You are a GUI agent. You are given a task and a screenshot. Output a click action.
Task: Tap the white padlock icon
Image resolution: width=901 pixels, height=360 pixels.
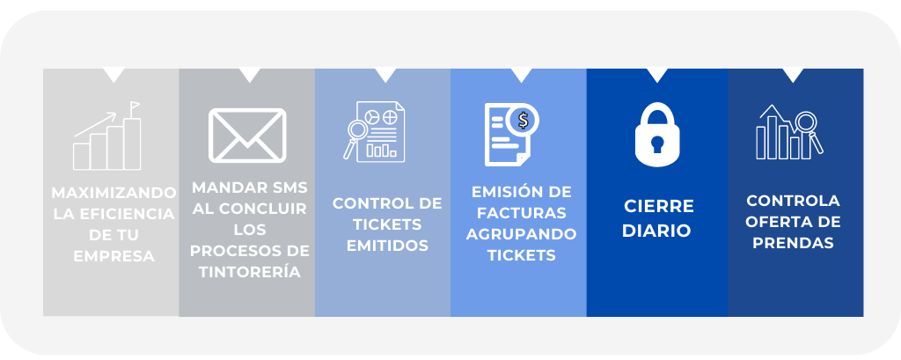pyautogui.click(x=658, y=136)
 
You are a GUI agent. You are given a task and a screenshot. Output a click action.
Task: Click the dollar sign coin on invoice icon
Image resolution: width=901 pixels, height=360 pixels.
pyautogui.click(x=524, y=119)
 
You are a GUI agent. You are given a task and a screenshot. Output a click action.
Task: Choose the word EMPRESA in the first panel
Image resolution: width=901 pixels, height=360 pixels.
pyautogui.click(x=114, y=257)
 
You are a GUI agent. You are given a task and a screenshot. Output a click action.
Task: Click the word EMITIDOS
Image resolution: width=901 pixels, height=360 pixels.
pyautogui.click(x=387, y=246)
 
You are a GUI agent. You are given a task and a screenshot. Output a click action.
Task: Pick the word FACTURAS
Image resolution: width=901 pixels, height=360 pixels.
pyautogui.click(x=522, y=213)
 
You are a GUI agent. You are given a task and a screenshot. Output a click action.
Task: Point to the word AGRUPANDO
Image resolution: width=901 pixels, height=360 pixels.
pyautogui.click(x=522, y=234)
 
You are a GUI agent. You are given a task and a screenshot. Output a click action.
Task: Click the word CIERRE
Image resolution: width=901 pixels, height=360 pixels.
pyautogui.click(x=659, y=206)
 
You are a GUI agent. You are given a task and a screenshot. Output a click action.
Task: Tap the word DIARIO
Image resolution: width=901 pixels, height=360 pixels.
pyautogui.click(x=659, y=231)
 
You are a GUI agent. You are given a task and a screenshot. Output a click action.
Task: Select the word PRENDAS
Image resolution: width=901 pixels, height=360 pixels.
pyautogui.click(x=794, y=243)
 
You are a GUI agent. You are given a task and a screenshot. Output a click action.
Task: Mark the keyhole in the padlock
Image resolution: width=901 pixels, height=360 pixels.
pyautogui.click(x=658, y=144)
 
